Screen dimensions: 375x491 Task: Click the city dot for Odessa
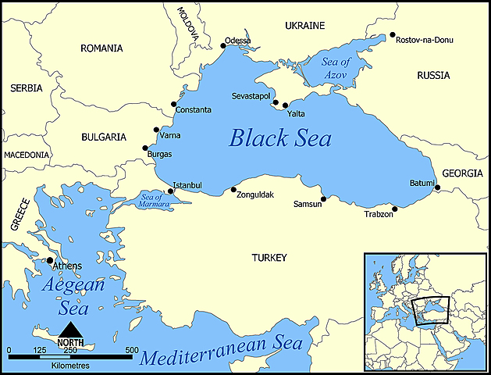click(223, 46)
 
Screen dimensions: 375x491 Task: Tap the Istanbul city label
click(187, 185)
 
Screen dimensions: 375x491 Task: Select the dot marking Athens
click(50, 260)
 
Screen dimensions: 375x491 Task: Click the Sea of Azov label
click(336, 67)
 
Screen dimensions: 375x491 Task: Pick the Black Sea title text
click(280, 139)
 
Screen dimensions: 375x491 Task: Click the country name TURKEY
click(269, 257)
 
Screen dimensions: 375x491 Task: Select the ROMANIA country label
click(101, 48)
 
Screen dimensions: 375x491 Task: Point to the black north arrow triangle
click(70, 329)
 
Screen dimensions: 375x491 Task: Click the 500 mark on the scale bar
click(131, 349)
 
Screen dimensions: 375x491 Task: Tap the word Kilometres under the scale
click(70, 365)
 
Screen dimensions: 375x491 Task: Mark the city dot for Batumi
click(438, 188)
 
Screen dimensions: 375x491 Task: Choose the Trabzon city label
click(379, 214)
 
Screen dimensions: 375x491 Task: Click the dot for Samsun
click(324, 198)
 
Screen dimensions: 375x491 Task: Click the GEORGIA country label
click(463, 173)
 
